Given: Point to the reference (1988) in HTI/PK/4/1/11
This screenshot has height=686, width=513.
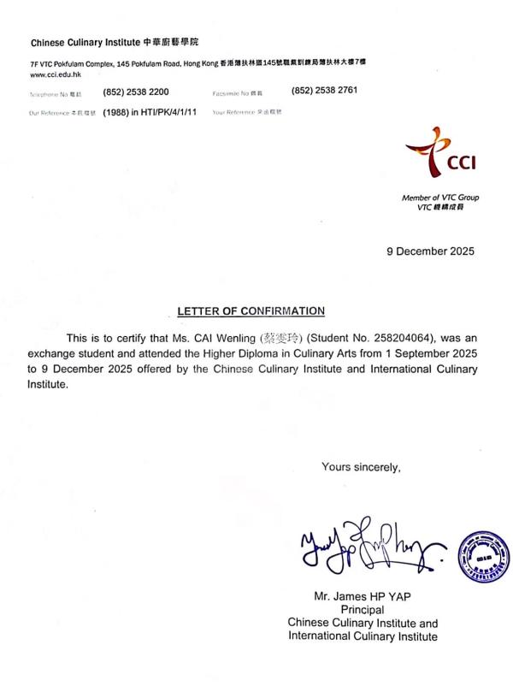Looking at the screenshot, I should click(150, 112).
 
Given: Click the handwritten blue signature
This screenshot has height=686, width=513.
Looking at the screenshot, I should click(368, 545).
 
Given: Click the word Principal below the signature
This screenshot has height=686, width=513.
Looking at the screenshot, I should click(363, 610).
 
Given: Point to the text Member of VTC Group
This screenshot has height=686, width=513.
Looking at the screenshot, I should click(440, 198).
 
